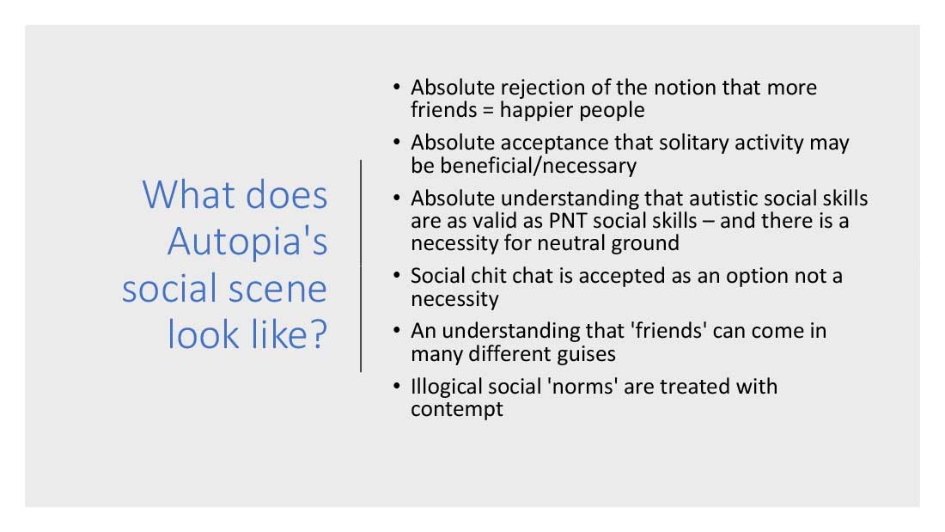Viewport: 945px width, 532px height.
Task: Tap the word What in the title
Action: [x=189, y=195]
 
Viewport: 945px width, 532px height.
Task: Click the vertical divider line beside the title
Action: [x=361, y=266]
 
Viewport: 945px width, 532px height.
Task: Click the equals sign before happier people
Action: [x=488, y=111]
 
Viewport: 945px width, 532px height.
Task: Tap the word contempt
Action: [x=457, y=410]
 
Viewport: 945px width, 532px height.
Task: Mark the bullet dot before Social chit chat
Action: [x=396, y=276]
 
